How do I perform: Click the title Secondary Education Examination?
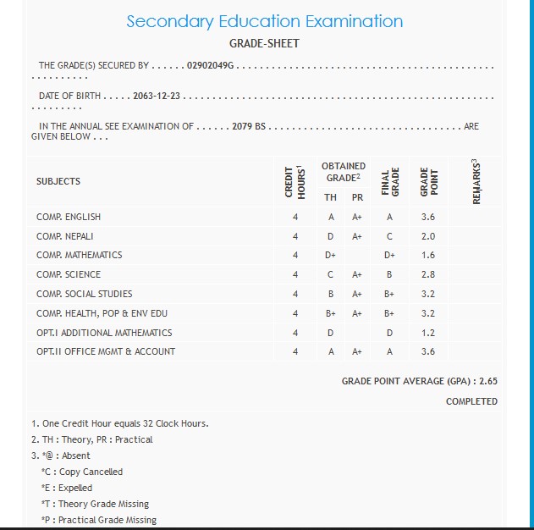pyautogui.click(x=264, y=21)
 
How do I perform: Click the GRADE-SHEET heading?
pyautogui.click(x=264, y=43)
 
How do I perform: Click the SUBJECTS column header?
pyautogui.click(x=58, y=181)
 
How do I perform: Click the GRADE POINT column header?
pyautogui.click(x=428, y=181)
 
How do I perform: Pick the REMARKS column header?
pyautogui.click(x=476, y=181)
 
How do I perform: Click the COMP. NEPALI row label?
pyautogui.click(x=65, y=236)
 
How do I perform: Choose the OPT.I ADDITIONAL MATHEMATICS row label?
pyautogui.click(x=104, y=333)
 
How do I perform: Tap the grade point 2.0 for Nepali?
pyautogui.click(x=428, y=236)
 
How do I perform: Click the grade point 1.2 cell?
pyautogui.click(x=428, y=333)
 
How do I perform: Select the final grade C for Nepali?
pyautogui.click(x=389, y=236)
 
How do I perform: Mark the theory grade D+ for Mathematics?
pyautogui.click(x=330, y=255)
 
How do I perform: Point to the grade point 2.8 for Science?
pyautogui.click(x=428, y=274)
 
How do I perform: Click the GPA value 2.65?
pyautogui.click(x=487, y=382)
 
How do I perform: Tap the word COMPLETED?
pyautogui.click(x=471, y=401)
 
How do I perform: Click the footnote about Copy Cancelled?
pyautogui.click(x=82, y=472)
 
